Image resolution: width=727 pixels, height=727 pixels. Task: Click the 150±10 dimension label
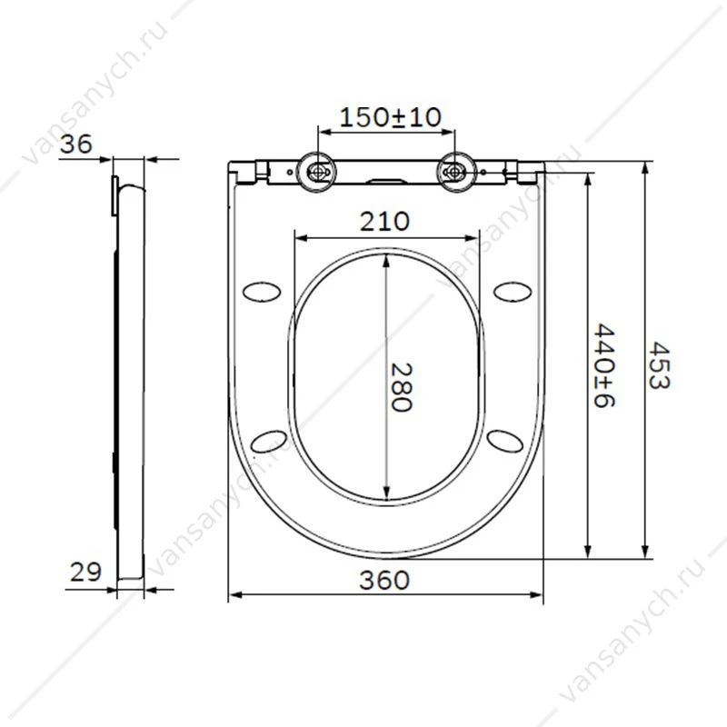391,117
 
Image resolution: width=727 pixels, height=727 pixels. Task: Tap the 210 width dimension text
384,222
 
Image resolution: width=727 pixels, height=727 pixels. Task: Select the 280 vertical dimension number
402,387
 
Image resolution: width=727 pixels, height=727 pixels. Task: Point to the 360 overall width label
384,581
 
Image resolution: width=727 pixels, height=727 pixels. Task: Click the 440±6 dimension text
604,366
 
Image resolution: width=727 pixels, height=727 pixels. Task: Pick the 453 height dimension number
659,366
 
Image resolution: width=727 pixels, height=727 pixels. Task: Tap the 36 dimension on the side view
76,144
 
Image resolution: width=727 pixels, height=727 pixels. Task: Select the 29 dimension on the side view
85,573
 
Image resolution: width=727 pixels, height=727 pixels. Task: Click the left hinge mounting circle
317,172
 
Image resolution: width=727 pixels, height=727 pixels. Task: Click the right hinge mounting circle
456,172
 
